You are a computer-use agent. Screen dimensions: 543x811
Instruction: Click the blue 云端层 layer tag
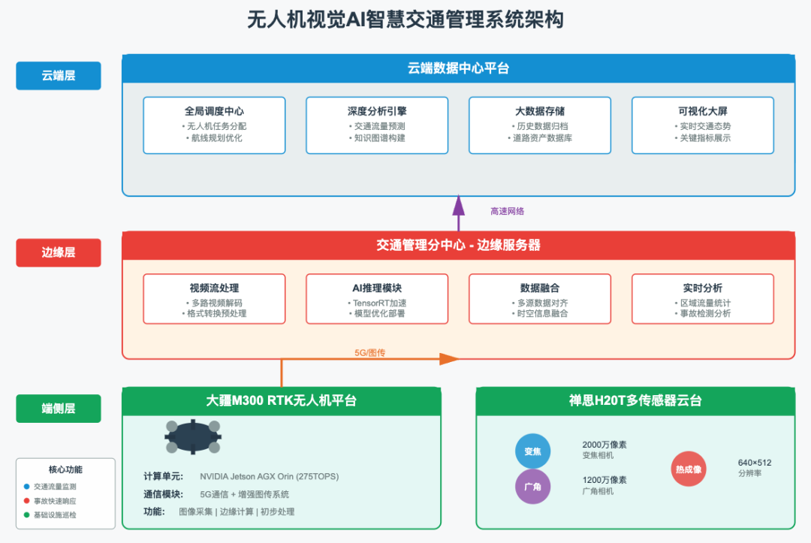coord(59,76)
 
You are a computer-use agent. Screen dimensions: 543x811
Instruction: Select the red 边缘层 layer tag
coord(59,253)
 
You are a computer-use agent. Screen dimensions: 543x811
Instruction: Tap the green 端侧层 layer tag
coord(59,409)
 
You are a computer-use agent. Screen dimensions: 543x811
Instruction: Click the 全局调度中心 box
coord(214,125)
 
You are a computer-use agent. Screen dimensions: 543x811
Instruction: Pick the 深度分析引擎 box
coord(377,125)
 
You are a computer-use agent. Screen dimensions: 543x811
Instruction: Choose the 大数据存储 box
coord(540,125)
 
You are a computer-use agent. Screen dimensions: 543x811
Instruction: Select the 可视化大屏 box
coord(703,125)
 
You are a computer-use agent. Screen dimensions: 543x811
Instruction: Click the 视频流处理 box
coord(214,299)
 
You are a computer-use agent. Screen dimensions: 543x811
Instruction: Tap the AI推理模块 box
coord(377,299)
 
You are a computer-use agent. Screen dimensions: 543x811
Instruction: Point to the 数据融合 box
coord(540,299)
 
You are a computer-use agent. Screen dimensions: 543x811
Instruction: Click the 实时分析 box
coord(703,299)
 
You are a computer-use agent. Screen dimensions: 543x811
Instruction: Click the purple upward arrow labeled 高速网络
coord(458,213)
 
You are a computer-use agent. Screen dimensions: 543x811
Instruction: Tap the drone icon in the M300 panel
coord(193,437)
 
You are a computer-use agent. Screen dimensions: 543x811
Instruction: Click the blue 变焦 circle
coord(532,451)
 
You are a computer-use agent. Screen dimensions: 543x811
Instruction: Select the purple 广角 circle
coord(532,487)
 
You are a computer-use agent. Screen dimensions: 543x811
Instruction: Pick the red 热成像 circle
coord(688,469)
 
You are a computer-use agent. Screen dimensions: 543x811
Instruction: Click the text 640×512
coord(755,463)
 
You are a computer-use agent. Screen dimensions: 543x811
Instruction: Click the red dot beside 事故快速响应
coord(27,501)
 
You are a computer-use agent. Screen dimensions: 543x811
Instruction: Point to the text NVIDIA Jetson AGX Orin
coord(248,476)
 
